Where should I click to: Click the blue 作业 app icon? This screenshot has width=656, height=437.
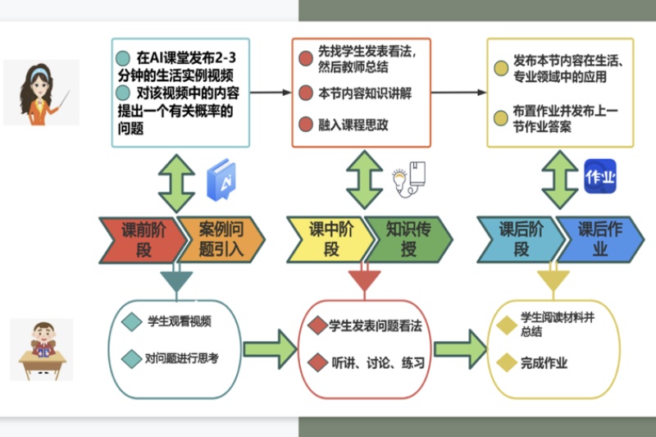coord(599,176)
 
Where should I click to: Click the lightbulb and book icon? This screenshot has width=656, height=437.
coord(409,178)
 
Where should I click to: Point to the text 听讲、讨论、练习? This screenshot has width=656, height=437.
coord(376,362)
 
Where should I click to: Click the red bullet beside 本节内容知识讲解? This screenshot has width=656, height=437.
coord(305,92)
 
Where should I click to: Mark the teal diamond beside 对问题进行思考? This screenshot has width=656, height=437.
coord(131,357)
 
